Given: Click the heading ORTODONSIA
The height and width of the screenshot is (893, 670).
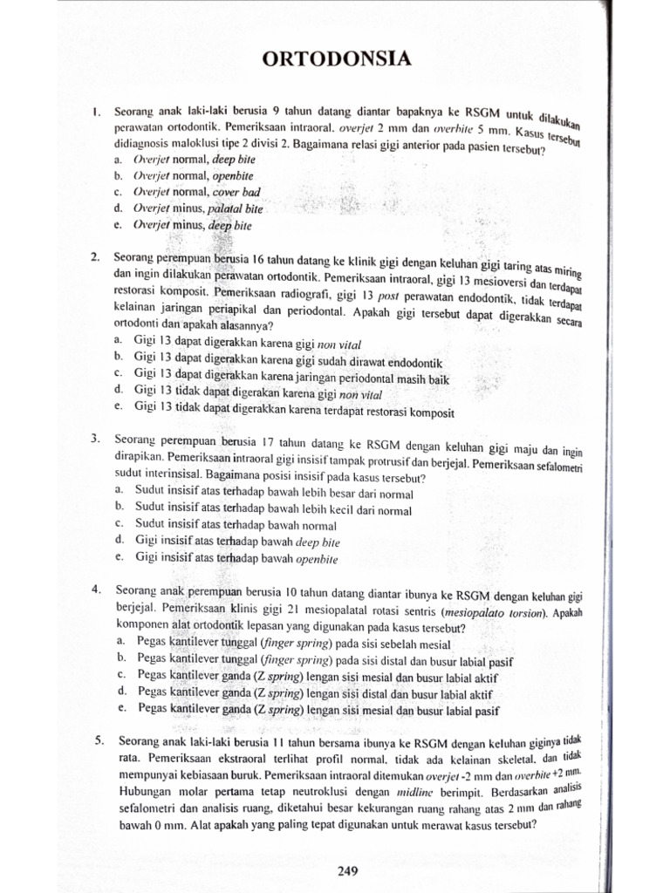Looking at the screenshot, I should (x=335, y=58).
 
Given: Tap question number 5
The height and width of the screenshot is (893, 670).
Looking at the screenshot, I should (x=99, y=741).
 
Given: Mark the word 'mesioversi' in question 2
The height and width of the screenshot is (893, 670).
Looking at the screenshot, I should (x=488, y=281).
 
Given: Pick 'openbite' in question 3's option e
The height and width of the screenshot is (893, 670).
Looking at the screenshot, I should (x=316, y=559).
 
